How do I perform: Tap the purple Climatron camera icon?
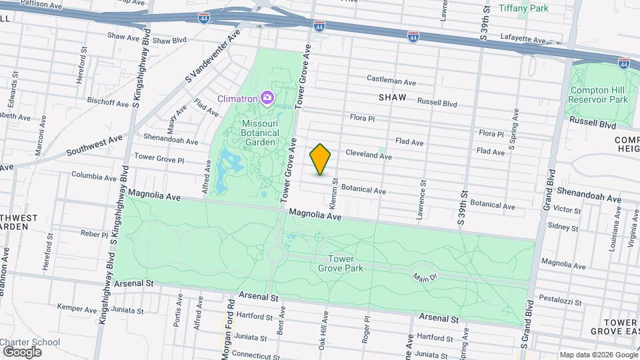pyautogui.click(x=267, y=99)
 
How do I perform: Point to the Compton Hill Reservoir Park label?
pyautogui.click(x=598, y=95)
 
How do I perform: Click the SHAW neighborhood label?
pyautogui.click(x=392, y=97)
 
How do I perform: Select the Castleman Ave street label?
pyautogui.click(x=391, y=80)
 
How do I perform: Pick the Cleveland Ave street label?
pyautogui.click(x=368, y=155)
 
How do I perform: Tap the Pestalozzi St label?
pyautogui.click(x=561, y=297)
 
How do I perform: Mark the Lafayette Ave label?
pyautogui.click(x=524, y=41)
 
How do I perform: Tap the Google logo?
pyautogui.click(x=22, y=351)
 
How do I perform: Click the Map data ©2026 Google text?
pyautogui.click(x=598, y=355)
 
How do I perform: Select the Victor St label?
pyautogui.click(x=567, y=209)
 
